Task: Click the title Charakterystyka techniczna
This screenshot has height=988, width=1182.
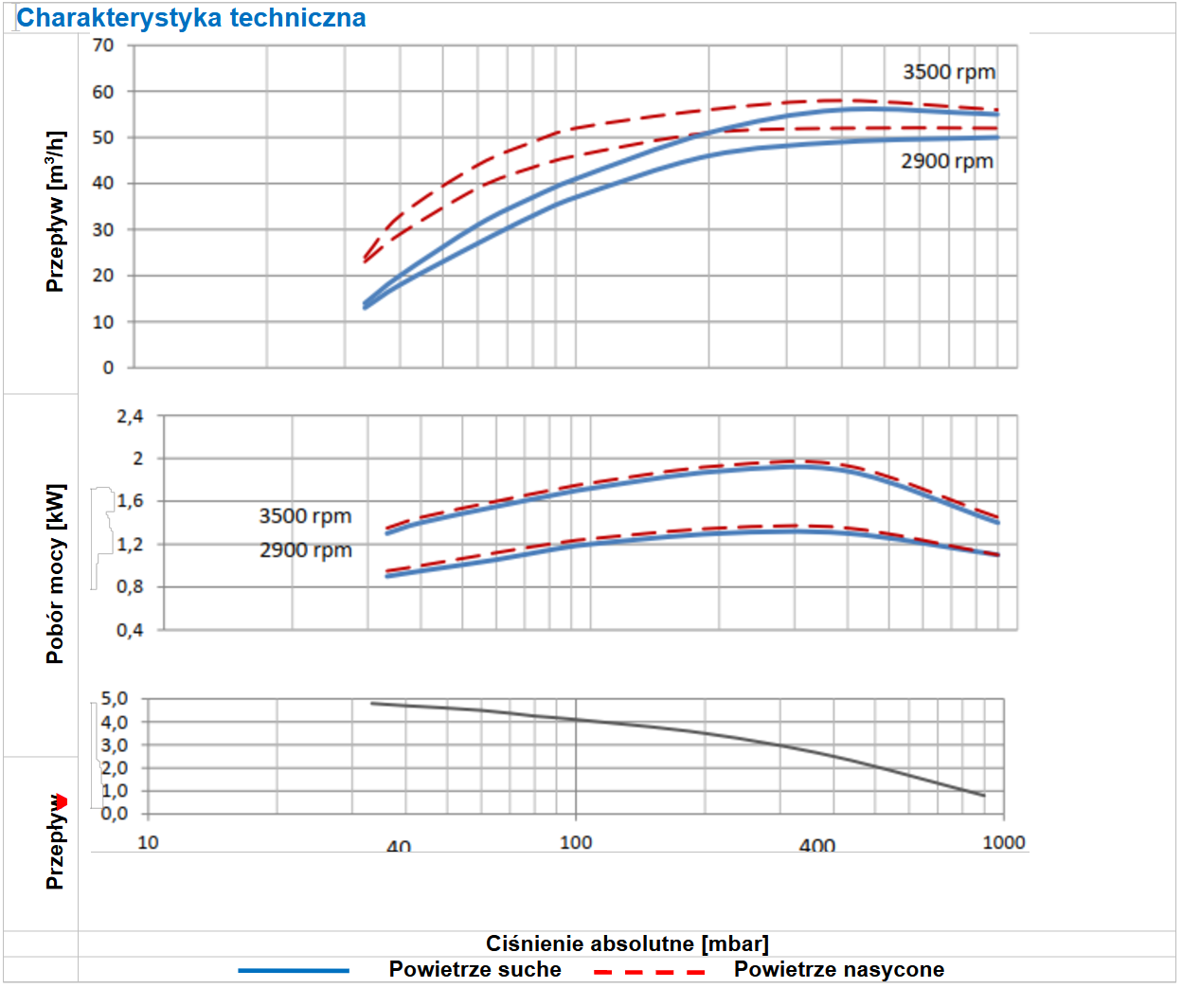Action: [x=191, y=18]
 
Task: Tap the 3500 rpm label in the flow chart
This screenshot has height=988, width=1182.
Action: [x=948, y=72]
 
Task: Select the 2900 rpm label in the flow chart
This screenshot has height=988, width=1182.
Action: [x=946, y=161]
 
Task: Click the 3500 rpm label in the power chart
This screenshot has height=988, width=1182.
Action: [x=305, y=516]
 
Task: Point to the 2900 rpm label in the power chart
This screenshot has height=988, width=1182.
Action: [x=305, y=550]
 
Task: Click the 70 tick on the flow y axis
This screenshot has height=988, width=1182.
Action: [x=103, y=45]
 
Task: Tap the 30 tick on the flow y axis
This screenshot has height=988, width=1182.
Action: [x=103, y=229]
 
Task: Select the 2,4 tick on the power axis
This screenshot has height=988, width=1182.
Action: [x=130, y=416]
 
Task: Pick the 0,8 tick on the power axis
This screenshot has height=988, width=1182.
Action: [x=130, y=586]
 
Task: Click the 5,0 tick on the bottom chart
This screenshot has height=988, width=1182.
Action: [x=114, y=699]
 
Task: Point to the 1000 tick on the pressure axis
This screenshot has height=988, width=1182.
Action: [x=1003, y=842]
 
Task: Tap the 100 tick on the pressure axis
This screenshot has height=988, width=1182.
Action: [x=576, y=842]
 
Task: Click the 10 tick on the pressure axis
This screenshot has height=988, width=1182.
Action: [x=149, y=842]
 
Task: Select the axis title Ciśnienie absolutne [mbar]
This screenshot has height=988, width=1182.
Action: [x=627, y=943]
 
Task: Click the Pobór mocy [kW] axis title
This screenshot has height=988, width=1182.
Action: [x=56, y=574]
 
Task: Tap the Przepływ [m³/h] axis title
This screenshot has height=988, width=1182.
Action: [x=56, y=211]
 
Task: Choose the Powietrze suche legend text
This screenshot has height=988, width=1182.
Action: [x=475, y=969]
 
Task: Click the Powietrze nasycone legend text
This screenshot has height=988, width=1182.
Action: [x=838, y=969]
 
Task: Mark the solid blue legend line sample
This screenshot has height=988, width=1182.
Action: [x=294, y=970]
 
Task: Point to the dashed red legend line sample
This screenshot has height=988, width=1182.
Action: [x=650, y=971]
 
